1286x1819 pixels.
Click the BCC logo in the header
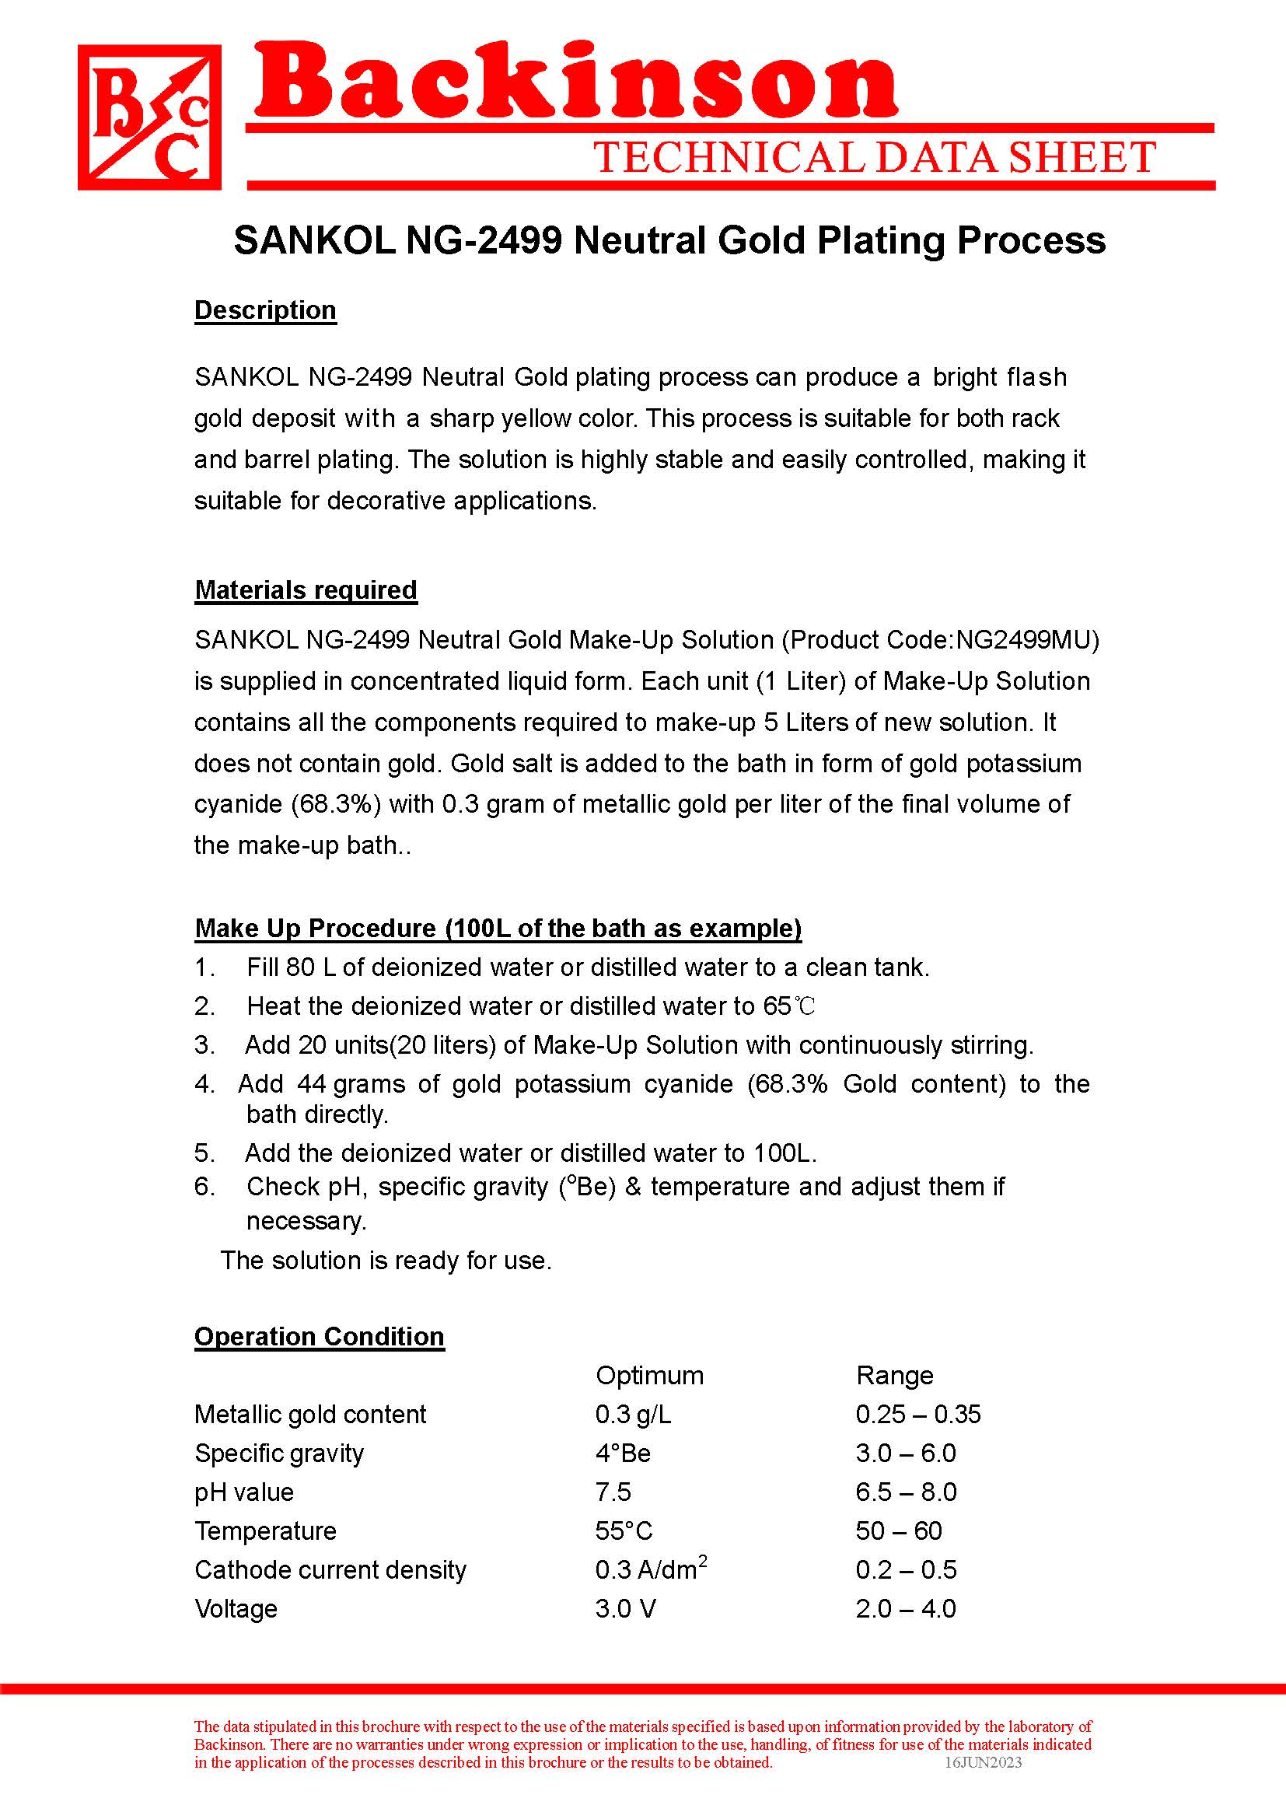[149, 117]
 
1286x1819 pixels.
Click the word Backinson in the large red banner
[575, 82]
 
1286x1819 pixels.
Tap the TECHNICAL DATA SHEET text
[874, 158]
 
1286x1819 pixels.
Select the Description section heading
[265, 310]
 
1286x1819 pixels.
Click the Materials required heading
[306, 589]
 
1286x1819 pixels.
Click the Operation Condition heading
[319, 1337]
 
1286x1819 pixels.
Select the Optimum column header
[649, 1376]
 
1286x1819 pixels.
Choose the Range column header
[894, 1376]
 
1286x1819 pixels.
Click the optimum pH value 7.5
[613, 1492]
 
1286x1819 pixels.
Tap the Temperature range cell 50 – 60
[899, 1531]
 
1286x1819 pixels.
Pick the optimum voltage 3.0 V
[626, 1609]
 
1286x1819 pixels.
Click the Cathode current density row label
[330, 1570]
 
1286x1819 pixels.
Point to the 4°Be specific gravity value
[623, 1453]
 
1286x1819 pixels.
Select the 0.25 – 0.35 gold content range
[917, 1415]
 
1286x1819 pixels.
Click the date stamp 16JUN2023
[983, 1762]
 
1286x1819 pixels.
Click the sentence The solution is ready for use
[386, 1261]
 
